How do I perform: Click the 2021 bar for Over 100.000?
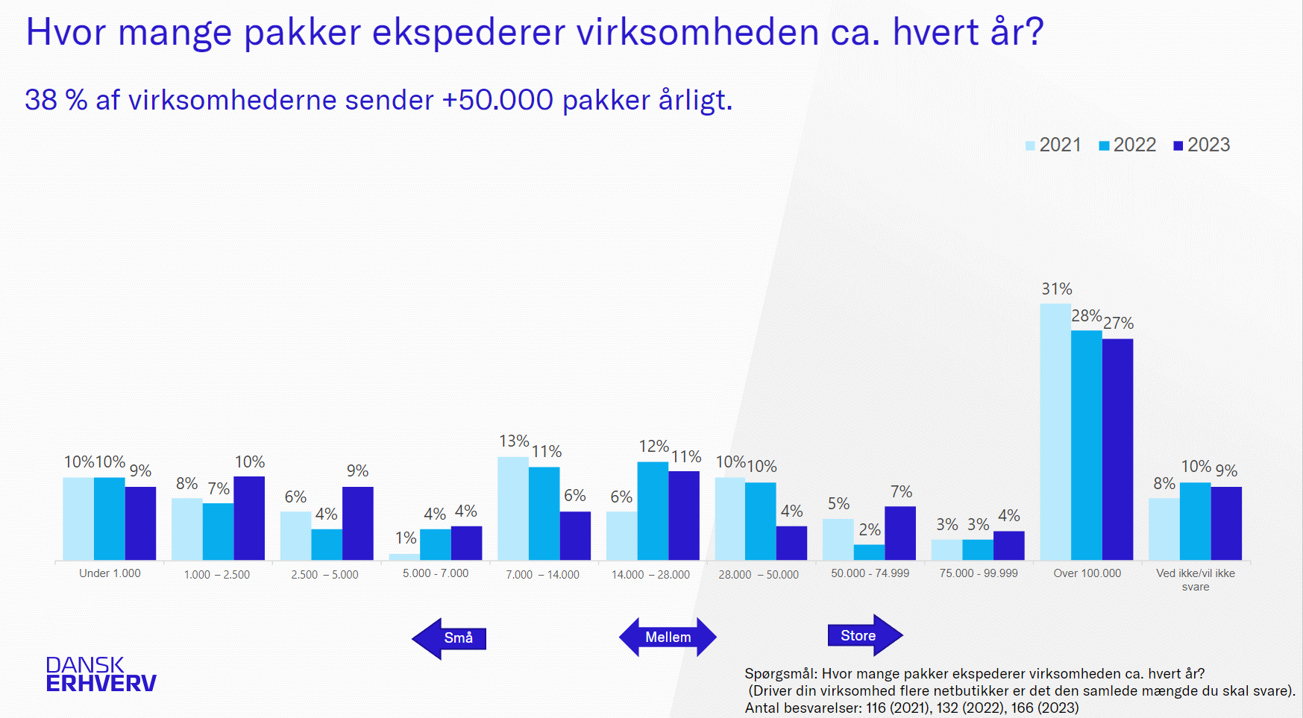[x=1055, y=432]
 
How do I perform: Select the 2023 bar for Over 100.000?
[x=1117, y=450]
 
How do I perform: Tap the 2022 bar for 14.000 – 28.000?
[x=653, y=511]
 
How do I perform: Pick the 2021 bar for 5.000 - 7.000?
[x=404, y=556]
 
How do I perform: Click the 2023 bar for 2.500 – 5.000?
[x=358, y=523]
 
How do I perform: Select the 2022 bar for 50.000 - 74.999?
[x=869, y=552]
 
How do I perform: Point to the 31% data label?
[x=1057, y=289]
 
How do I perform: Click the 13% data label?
[x=514, y=441]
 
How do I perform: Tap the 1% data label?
[x=406, y=538]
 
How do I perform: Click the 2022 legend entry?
[x=1127, y=145]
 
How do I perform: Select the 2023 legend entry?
[x=1201, y=145]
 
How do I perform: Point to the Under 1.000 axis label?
[x=110, y=573]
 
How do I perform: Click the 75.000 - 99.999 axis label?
[x=979, y=573]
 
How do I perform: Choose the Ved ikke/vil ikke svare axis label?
[x=1196, y=579]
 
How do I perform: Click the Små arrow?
[x=450, y=638]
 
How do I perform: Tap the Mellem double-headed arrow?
[x=668, y=637]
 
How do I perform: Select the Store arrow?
[x=864, y=636]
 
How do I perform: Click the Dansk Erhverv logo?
[x=101, y=674]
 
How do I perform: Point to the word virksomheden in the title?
[x=698, y=32]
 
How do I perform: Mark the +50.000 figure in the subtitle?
[x=497, y=100]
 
